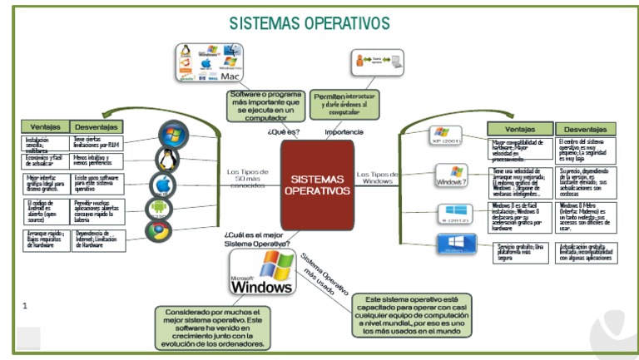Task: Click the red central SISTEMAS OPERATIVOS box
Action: click(x=317, y=184)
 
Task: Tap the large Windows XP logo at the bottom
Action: click(x=261, y=272)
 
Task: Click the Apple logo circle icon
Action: click(x=163, y=185)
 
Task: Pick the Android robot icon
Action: click(x=158, y=208)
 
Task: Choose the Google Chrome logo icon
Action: click(x=158, y=230)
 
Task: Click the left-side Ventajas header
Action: click(x=45, y=126)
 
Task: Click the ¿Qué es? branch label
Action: click(x=284, y=131)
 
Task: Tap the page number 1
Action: click(x=25, y=306)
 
